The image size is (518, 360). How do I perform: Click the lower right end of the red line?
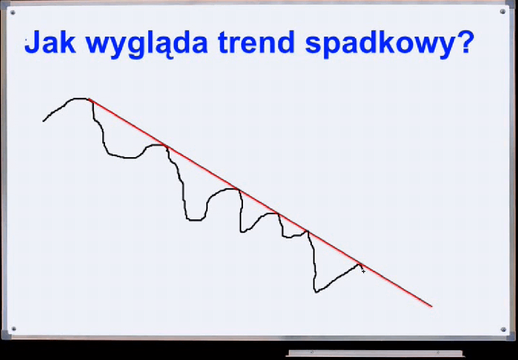click(x=432, y=306)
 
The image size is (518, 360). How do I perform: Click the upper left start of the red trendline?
click(x=89, y=99)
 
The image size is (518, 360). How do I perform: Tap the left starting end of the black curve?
click(x=43, y=121)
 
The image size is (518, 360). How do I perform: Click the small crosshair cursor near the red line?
click(x=363, y=271)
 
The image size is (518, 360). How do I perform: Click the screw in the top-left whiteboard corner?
click(x=13, y=13)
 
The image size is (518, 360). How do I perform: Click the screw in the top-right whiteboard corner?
click(x=503, y=12)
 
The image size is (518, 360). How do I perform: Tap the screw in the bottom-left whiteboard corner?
click(x=14, y=329)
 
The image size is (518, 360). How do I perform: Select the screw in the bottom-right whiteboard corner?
click(x=503, y=330)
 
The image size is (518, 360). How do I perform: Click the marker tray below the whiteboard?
click(x=376, y=353)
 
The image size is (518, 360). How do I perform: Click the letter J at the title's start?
click(x=32, y=42)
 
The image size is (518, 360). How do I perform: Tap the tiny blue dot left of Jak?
click(x=26, y=40)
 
